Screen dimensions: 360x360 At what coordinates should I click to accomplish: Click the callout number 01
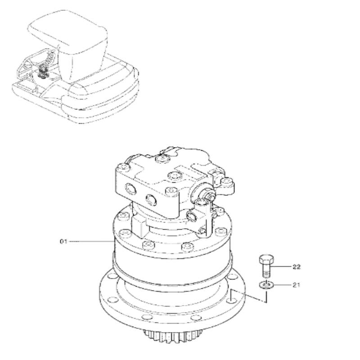[63, 242]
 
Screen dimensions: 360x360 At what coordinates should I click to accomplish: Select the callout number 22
[296, 267]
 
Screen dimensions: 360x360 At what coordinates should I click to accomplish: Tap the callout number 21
[296, 285]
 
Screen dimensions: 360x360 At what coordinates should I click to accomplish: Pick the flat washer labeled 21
[266, 285]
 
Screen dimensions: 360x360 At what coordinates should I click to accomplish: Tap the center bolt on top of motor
[171, 176]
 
